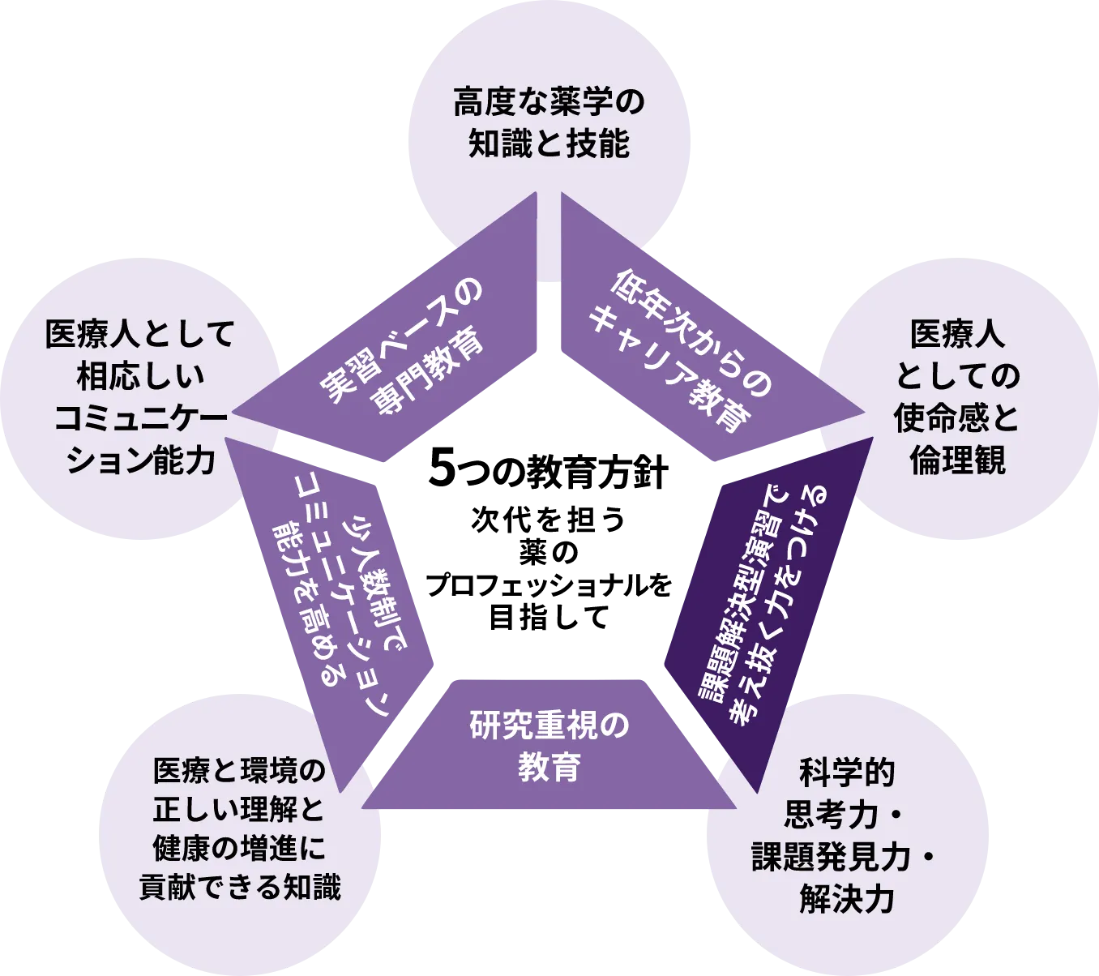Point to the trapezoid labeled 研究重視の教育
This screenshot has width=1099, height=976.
549,746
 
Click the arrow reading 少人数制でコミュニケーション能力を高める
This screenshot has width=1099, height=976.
340,600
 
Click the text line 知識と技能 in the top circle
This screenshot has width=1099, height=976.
549,144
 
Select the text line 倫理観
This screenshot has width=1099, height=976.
957,460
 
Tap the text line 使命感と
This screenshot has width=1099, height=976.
957,418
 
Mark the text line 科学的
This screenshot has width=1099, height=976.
847,773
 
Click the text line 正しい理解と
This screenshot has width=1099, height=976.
240,809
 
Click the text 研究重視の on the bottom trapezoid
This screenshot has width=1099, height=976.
549,726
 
